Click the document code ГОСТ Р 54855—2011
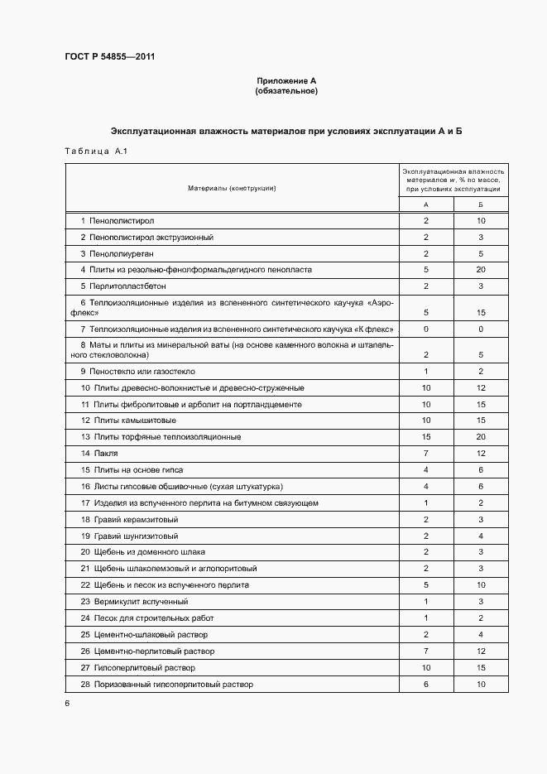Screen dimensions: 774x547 point(108,56)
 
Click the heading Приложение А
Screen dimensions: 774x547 point(286,81)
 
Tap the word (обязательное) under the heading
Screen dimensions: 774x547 point(286,91)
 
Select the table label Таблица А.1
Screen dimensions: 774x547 point(94,151)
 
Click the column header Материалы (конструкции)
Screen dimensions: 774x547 point(232,188)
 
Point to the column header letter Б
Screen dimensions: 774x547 point(481,204)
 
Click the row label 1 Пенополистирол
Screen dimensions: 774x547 point(118,221)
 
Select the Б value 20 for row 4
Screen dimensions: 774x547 point(481,270)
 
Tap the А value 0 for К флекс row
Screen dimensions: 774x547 point(425,329)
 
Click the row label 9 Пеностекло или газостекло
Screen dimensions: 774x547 point(137,372)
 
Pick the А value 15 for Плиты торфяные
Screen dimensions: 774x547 point(425,437)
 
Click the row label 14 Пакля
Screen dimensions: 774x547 point(99,454)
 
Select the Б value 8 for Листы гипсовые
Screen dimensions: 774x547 point(481,487)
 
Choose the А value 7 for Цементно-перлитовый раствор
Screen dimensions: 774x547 point(425,651)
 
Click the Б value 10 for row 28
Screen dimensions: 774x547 point(481,685)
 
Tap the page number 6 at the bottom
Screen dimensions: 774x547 point(67,703)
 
